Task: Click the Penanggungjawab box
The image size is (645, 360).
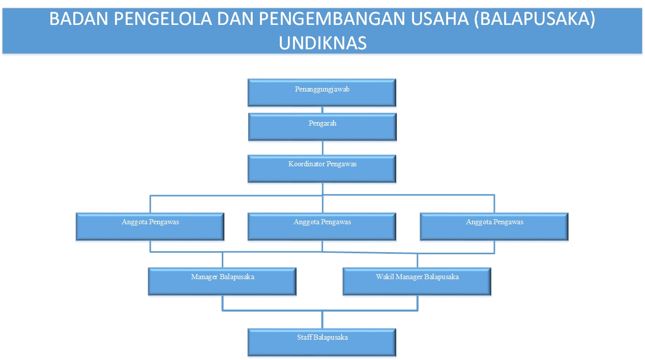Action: pyautogui.click(x=322, y=93)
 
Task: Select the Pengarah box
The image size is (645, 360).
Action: pyautogui.click(x=322, y=127)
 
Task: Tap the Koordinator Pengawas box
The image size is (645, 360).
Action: pyautogui.click(x=322, y=169)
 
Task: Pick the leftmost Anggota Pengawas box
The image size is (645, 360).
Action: pyautogui.click(x=150, y=226)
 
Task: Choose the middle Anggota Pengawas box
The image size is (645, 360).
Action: pyautogui.click(x=322, y=226)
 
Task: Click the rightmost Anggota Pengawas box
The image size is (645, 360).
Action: pyautogui.click(x=494, y=226)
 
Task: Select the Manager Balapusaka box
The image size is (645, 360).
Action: pyautogui.click(x=222, y=281)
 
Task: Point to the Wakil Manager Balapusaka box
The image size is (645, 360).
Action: pyautogui.click(x=417, y=281)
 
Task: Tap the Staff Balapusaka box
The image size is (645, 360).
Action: pyautogui.click(x=322, y=342)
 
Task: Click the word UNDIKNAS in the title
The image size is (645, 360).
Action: pyautogui.click(x=322, y=43)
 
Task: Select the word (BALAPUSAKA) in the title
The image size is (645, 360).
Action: pyautogui.click(x=535, y=19)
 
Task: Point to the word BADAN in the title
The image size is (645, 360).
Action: pyautogui.click(x=79, y=19)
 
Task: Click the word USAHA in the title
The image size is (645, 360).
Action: pyautogui.click(x=439, y=19)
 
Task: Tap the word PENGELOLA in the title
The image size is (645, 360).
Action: pyautogui.click(x=163, y=19)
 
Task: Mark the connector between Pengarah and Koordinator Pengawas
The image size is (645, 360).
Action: pyautogui.click(x=322, y=148)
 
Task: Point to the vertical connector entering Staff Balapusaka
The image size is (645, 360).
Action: pyautogui.click(x=322, y=320)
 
